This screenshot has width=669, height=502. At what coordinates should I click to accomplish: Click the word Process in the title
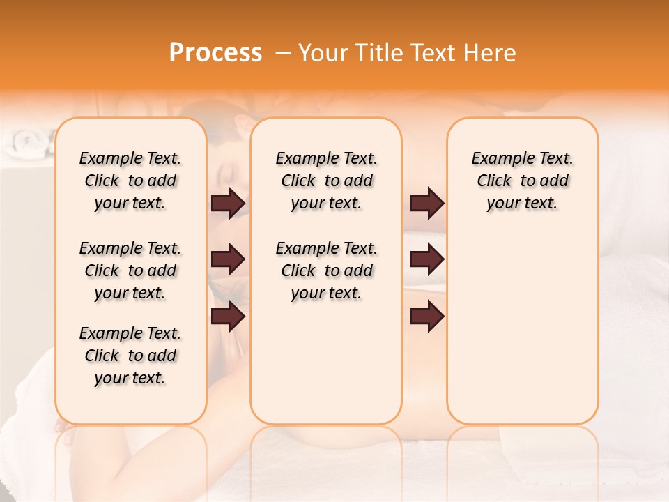click(215, 53)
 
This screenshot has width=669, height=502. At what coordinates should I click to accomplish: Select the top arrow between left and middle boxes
click(228, 203)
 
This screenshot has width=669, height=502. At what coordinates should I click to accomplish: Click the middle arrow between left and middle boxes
click(228, 259)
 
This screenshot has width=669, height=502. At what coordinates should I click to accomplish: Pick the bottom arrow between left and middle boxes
click(228, 317)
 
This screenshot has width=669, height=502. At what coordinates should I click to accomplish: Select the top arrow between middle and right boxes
click(426, 203)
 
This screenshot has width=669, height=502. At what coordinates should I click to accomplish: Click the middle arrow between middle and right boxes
click(426, 259)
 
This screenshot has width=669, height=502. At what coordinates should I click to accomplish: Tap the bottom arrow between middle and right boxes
click(426, 317)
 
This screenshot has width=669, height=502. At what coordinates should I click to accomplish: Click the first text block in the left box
click(130, 181)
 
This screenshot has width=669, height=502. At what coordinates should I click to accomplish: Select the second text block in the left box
click(130, 271)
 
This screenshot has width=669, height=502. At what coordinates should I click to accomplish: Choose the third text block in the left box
click(130, 356)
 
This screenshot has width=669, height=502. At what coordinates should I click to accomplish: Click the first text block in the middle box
click(326, 181)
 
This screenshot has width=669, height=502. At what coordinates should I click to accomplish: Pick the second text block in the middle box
click(326, 271)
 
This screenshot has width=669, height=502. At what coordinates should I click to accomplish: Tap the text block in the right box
click(522, 181)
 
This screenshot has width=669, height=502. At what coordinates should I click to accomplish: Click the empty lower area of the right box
click(522, 328)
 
